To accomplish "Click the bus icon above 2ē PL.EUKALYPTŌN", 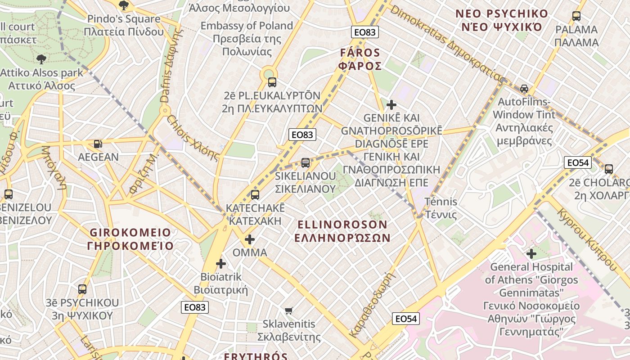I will pyautogui.click(x=272, y=82).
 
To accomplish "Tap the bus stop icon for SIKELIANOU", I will pyautogui.click(x=306, y=162).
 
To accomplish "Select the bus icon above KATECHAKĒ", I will pyautogui.click(x=255, y=195).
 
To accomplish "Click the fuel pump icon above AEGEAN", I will pyautogui.click(x=98, y=144).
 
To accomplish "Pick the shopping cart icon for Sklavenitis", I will pyautogui.click(x=289, y=310).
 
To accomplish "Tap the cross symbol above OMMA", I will pyautogui.click(x=250, y=239).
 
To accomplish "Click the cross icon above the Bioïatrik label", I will pyautogui.click(x=220, y=264).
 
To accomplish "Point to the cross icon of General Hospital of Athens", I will pyautogui.click(x=531, y=254).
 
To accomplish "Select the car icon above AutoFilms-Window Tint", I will pyautogui.click(x=524, y=88).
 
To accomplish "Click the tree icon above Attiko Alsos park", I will pyautogui.click(x=41, y=59).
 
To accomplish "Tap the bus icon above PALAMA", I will pyautogui.click(x=576, y=16).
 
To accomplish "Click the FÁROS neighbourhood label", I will pyautogui.click(x=360, y=59).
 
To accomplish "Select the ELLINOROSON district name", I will pyautogui.click(x=342, y=231).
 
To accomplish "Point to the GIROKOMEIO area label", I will pyautogui.click(x=130, y=239).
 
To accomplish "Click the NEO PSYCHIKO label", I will pyautogui.click(x=502, y=20).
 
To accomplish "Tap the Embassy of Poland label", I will pyautogui.click(x=247, y=38).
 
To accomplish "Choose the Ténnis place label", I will pyautogui.click(x=441, y=208).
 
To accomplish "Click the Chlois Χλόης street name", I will pyautogui.click(x=193, y=138).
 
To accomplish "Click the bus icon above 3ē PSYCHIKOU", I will pyautogui.click(x=82, y=289).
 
